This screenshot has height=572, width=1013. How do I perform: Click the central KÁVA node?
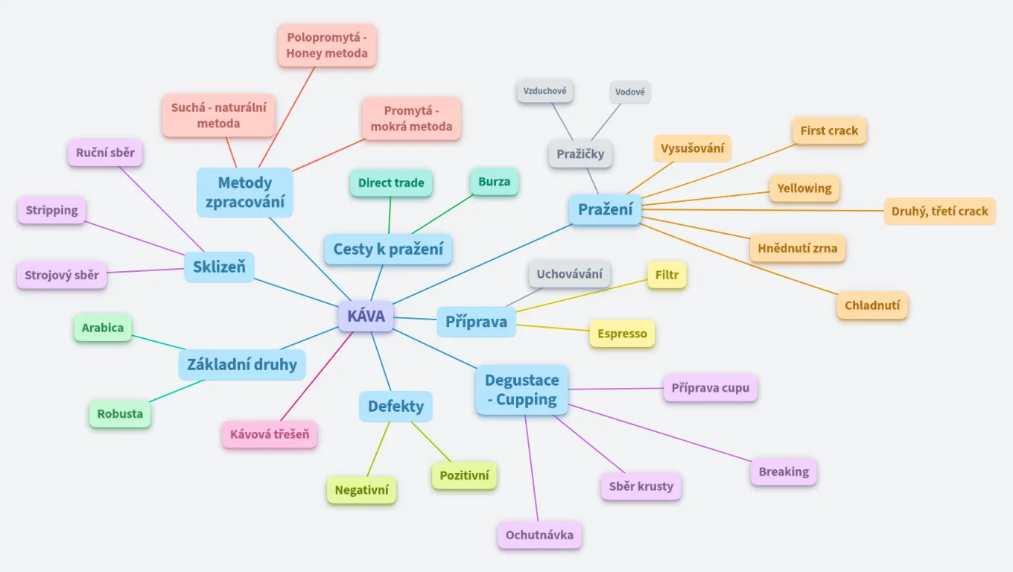coord(366,316)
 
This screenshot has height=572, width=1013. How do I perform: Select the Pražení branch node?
coord(605,209)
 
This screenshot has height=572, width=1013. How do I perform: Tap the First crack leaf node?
coord(829,130)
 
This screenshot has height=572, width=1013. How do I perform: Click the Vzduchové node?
coord(545,92)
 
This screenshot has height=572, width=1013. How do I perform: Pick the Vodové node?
coord(630,92)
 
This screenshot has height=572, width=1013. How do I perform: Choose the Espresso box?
coord(622,334)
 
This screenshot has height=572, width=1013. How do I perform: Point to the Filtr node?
coord(667,275)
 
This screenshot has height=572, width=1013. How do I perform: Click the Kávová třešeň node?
coord(270,434)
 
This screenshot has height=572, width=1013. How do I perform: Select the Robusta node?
coord(120,413)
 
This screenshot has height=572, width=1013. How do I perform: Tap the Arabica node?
coord(103,328)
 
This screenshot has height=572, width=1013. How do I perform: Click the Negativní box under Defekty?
coord(361,490)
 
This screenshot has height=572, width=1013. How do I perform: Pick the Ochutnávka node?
coord(539,535)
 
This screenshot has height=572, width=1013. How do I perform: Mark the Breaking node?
coord(784,471)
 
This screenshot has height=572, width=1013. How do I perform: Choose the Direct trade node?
coord(391,182)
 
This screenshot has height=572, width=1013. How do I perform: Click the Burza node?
coord(495,182)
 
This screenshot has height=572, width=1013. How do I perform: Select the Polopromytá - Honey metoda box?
coord(327,45)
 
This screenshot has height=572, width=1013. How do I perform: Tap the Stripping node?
coord(51,210)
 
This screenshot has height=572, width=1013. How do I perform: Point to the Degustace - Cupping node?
coord(521,390)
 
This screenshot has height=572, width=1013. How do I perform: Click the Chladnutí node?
coord(872,305)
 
